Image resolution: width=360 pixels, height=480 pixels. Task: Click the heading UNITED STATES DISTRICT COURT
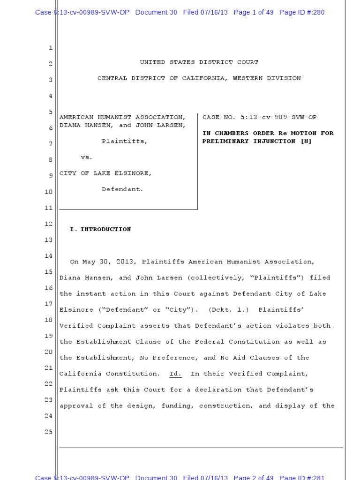coord(199,62)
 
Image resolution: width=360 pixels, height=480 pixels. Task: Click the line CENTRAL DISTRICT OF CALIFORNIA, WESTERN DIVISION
coord(199,78)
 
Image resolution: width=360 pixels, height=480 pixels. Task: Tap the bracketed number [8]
coord(306,141)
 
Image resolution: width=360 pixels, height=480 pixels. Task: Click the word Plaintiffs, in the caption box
coord(124,141)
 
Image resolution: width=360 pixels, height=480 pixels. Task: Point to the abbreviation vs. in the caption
coord(87,157)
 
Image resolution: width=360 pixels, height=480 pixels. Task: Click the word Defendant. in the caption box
coord(122,189)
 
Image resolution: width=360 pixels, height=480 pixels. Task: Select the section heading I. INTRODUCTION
coord(100,229)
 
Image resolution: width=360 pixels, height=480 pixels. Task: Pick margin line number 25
coord(49,432)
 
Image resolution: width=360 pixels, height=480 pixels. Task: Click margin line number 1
coord(50,48)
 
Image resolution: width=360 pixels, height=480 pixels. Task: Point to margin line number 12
coord(49,224)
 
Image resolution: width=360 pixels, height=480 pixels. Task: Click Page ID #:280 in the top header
coord(301,12)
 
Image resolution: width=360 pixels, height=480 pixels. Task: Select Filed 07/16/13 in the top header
coord(205,12)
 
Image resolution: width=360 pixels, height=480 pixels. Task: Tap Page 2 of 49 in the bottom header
coord(253,477)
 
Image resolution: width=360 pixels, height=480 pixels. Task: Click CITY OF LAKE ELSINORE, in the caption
coord(105,173)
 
